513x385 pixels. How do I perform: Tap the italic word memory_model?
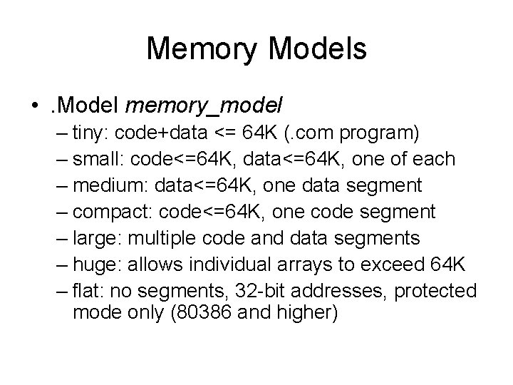point(204,106)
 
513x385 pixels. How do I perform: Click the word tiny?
point(90,133)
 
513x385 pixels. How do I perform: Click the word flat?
point(87,292)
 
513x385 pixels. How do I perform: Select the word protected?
point(435,292)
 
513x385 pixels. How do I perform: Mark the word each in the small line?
point(432,159)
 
